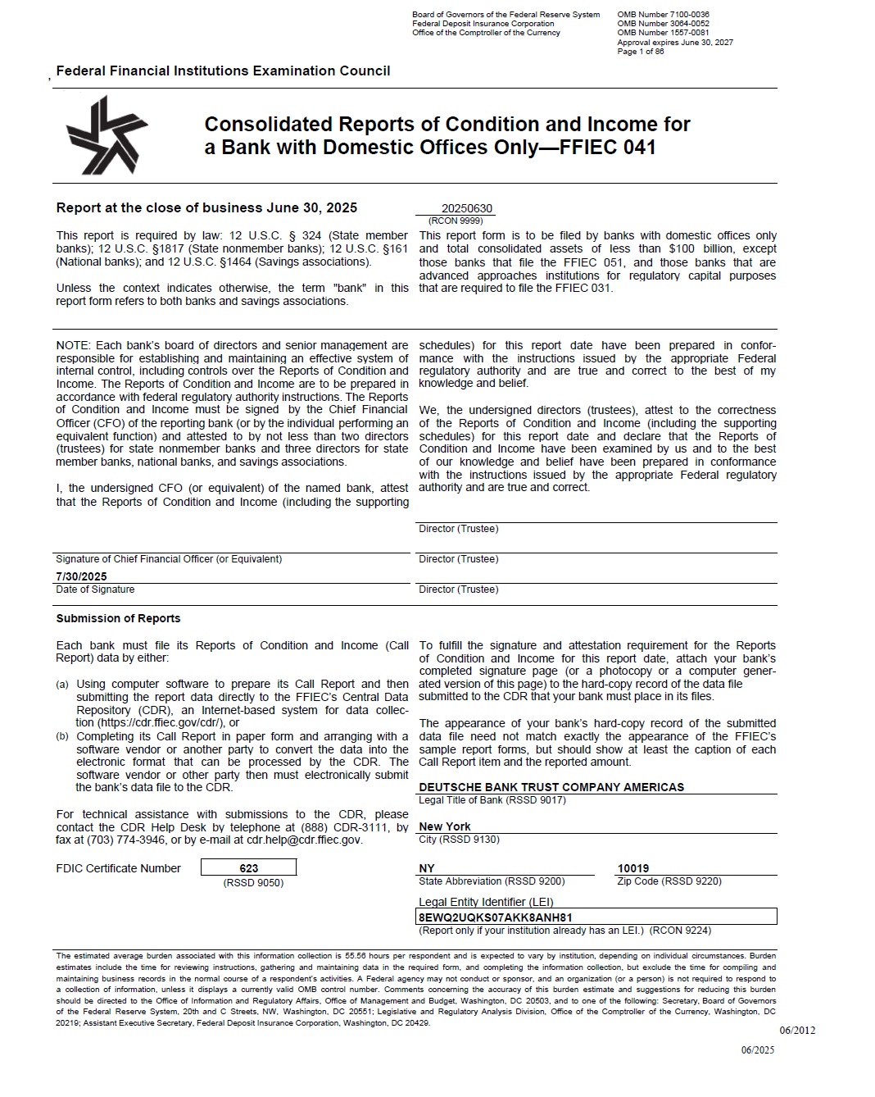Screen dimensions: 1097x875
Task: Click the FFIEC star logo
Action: pos(107,134)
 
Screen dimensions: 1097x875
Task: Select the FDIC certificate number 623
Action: pos(249,868)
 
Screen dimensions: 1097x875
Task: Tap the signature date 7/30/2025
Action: pos(81,576)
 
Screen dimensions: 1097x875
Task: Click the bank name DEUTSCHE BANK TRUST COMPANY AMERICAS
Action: pos(551,787)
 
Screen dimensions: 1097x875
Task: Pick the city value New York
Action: pos(445,826)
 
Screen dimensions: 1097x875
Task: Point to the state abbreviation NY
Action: pos(427,868)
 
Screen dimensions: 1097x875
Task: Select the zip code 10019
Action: pos(633,868)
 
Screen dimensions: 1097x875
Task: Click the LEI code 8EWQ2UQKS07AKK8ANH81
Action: pos(496,917)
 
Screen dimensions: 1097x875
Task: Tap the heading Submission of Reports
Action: pos(118,618)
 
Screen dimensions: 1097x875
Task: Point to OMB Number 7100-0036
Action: pos(664,15)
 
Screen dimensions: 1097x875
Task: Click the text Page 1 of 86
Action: pos(641,52)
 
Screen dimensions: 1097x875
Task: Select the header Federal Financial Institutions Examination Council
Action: pos(223,71)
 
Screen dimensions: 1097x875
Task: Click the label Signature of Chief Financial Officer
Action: pos(169,559)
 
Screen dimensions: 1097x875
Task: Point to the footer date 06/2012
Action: pos(797,1031)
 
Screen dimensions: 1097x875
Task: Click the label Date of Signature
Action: pos(95,589)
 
